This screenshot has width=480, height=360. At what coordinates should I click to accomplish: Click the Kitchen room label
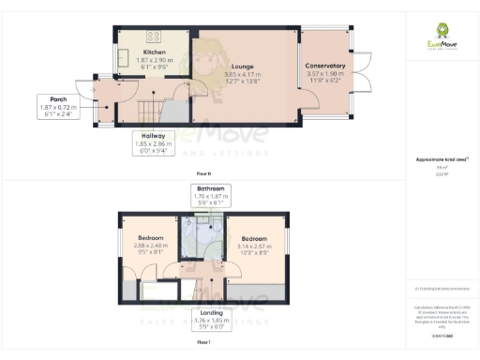pyautogui.click(x=155, y=51)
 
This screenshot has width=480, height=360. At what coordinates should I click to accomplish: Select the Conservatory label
pyautogui.click(x=325, y=66)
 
